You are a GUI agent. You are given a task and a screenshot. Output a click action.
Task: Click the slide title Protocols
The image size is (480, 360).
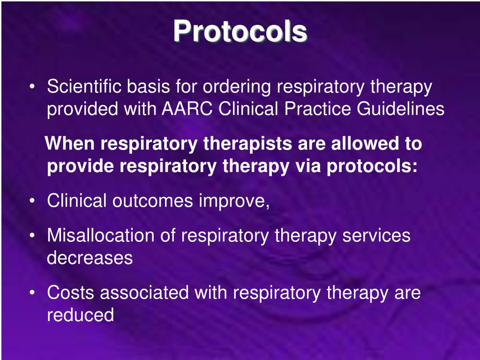[x=240, y=32]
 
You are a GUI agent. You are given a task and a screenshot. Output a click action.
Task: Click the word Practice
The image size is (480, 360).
[x=318, y=109]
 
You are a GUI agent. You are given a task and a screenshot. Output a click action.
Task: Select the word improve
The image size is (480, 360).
[x=234, y=202]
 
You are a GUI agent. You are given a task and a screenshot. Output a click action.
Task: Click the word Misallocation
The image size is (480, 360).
[x=101, y=235]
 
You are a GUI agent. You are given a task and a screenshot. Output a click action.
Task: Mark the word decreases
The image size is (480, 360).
[x=90, y=258]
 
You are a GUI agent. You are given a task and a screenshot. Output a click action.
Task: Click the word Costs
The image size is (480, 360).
[x=71, y=293]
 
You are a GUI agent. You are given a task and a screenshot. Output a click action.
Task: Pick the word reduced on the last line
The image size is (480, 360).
[x=80, y=315]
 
